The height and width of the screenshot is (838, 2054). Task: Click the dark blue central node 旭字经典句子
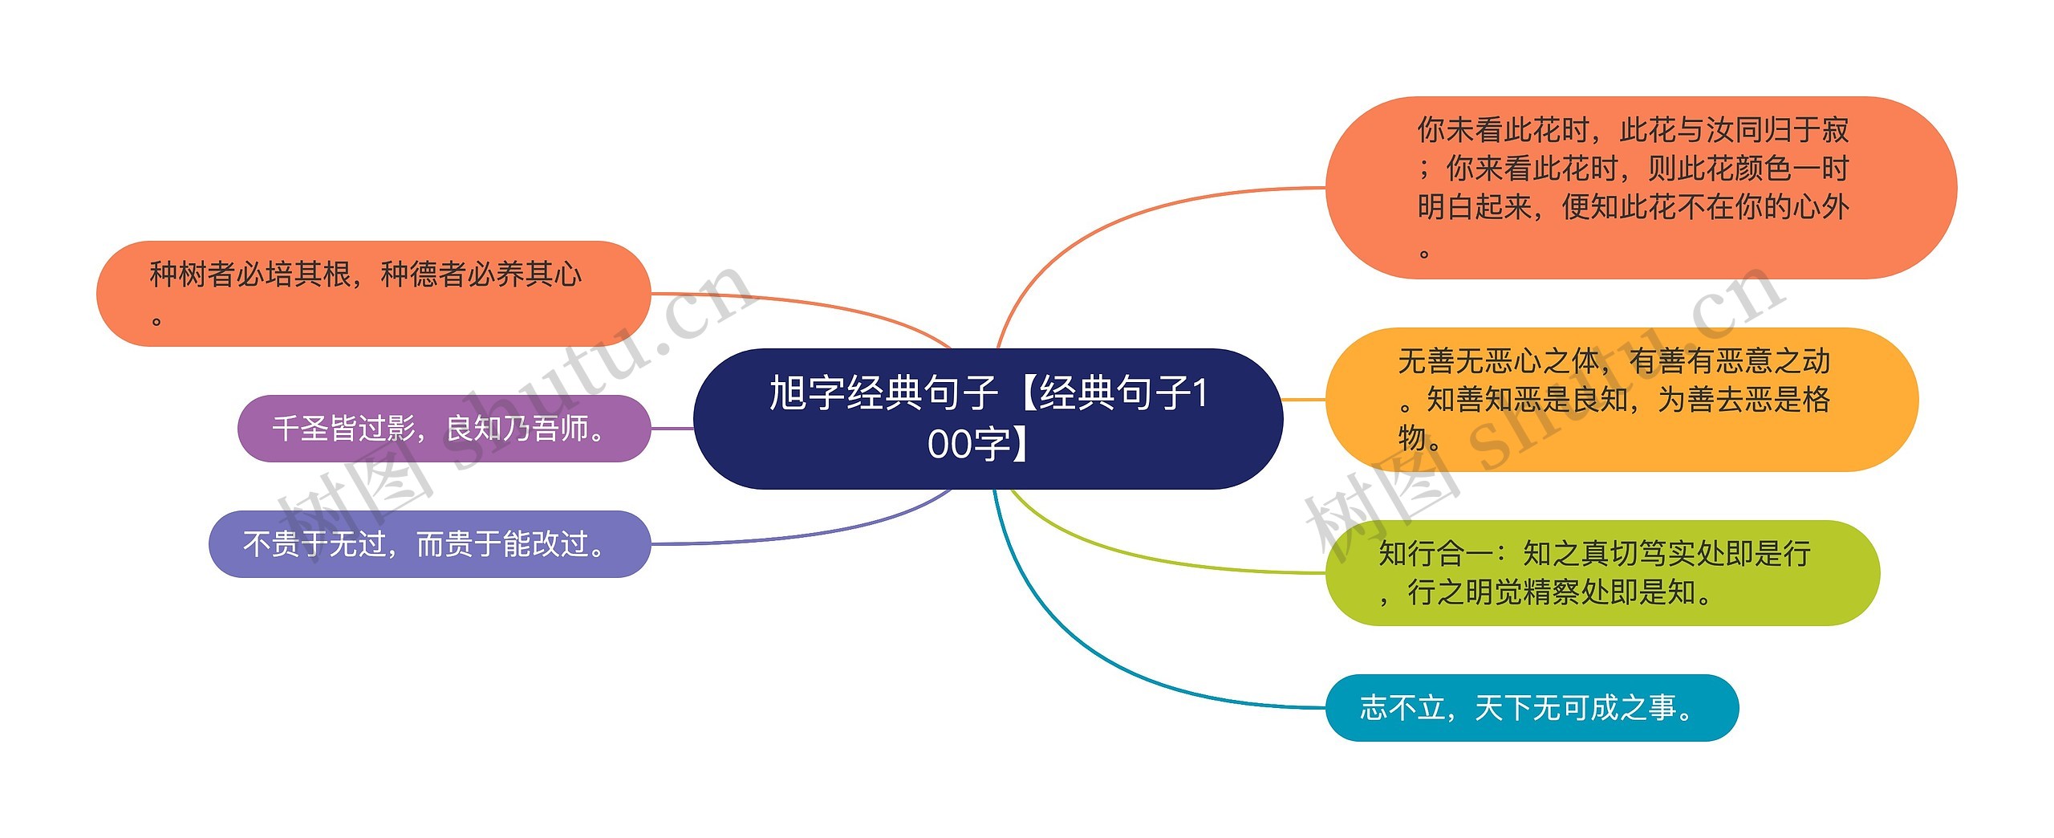[987, 418]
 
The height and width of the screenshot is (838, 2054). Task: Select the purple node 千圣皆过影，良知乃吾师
[444, 429]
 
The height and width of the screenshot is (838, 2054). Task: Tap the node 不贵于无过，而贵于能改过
[429, 544]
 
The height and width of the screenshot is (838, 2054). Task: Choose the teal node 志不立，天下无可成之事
[1531, 708]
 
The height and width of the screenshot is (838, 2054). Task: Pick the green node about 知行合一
[1601, 573]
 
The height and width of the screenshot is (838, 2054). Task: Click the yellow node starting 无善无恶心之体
[1621, 399]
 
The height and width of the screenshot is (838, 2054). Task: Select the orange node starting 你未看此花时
[1640, 188]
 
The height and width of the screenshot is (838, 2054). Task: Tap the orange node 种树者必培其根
[373, 293]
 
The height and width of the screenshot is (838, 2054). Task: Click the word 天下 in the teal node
[1502, 708]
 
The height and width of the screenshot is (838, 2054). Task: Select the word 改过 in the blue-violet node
[562, 544]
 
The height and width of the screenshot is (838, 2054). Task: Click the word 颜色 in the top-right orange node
[1762, 169]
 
